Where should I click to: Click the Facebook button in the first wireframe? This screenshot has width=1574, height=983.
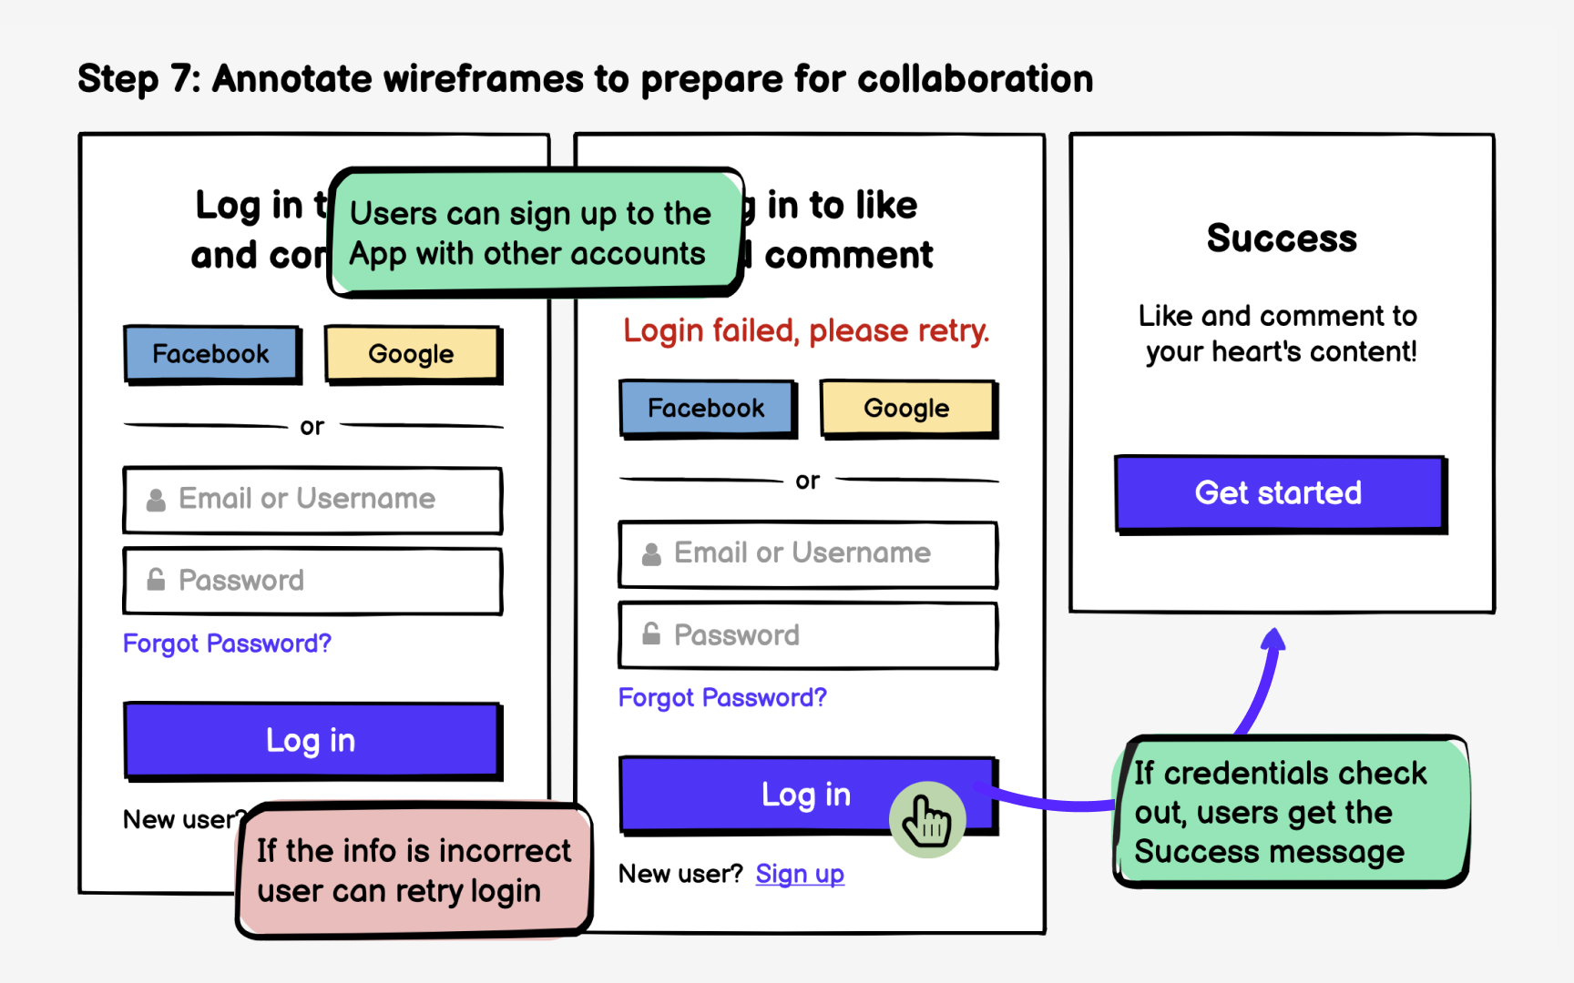point(211,353)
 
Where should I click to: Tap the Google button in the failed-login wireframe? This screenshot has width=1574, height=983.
point(906,408)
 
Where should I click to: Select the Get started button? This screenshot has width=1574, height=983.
point(1279,492)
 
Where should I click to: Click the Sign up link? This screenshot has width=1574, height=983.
point(800,874)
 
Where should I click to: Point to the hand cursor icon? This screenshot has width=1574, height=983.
point(926,819)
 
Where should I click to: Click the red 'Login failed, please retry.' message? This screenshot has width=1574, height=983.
point(805,330)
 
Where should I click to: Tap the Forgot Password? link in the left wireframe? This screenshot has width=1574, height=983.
point(227,644)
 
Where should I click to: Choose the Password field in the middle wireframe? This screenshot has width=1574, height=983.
point(808,634)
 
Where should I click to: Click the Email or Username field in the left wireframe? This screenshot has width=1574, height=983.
point(312,499)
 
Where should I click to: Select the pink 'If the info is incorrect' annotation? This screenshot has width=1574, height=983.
point(414,870)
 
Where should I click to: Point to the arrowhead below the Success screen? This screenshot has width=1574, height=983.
point(1274,639)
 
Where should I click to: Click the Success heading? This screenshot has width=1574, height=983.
point(1282,238)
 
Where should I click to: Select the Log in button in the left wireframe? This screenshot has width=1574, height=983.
point(312,740)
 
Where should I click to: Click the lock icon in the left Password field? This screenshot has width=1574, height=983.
point(157,580)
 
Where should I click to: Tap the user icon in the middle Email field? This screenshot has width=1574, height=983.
point(651,553)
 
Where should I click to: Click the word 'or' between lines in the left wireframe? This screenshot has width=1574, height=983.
point(312,426)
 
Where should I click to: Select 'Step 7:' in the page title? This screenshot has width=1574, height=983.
point(138,79)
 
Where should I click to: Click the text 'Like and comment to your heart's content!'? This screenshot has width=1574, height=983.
point(1279,333)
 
